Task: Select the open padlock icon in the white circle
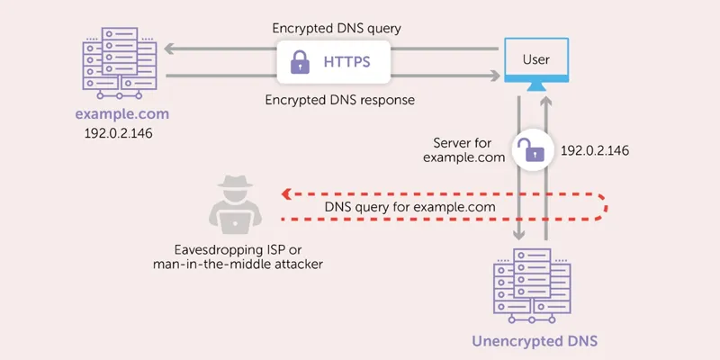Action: (534, 149)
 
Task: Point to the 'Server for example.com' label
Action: (462, 150)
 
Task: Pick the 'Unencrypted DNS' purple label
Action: (535, 341)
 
